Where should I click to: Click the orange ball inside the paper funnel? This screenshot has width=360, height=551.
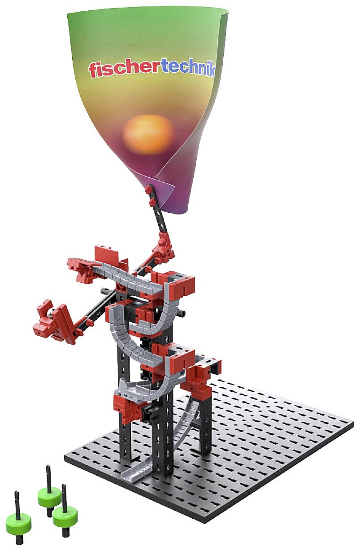(x=147, y=134)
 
